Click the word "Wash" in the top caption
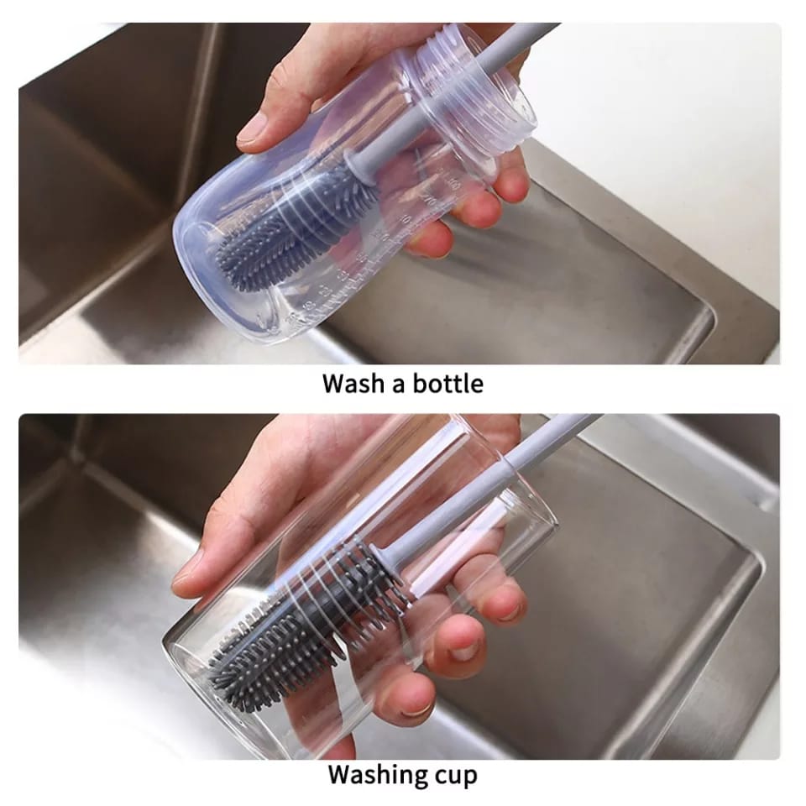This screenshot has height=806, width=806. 352,384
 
